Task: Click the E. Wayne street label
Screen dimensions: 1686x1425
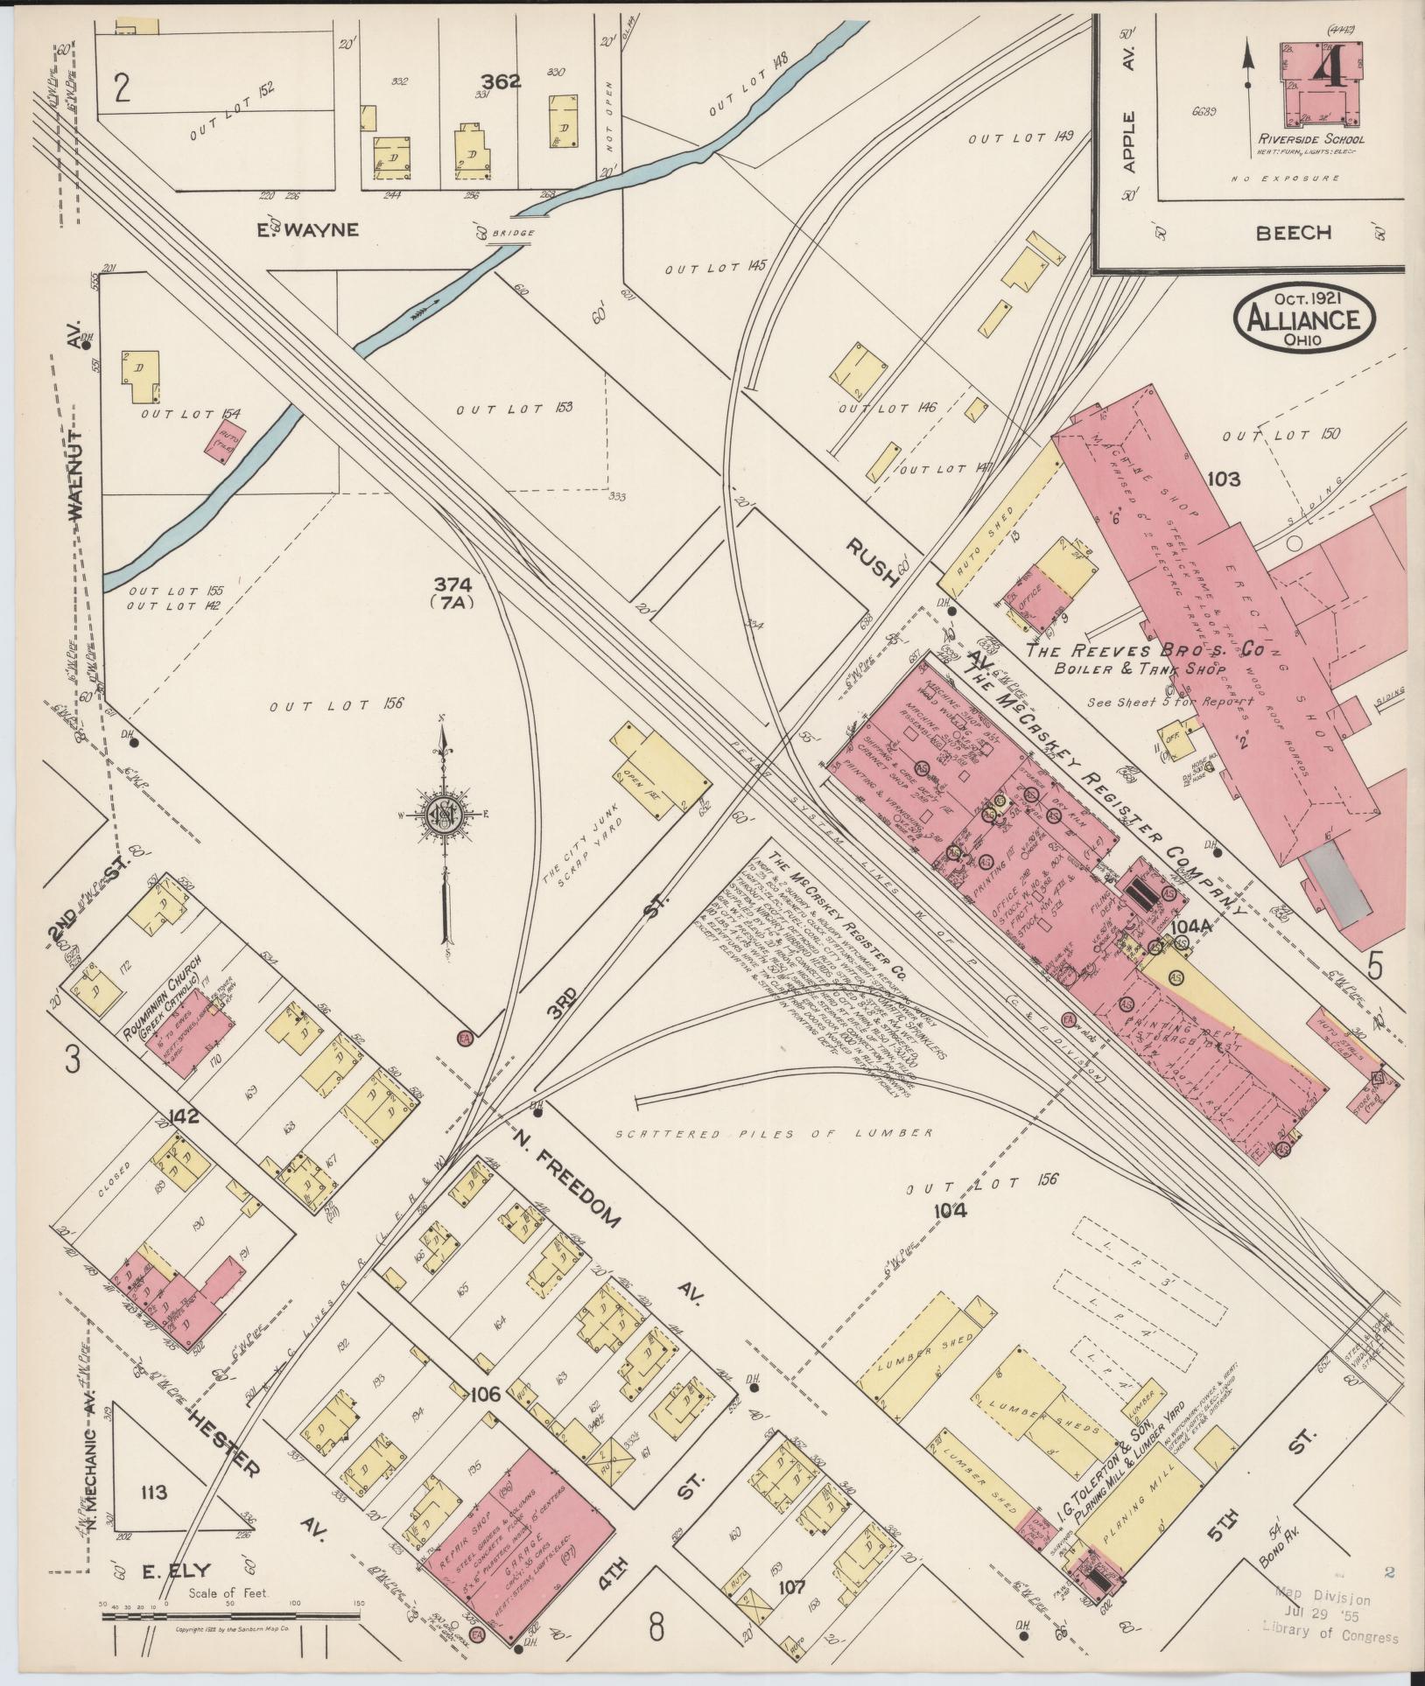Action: tap(319, 230)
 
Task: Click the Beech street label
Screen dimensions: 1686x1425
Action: tap(1294, 233)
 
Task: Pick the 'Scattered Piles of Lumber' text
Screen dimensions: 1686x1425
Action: tap(772, 1134)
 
